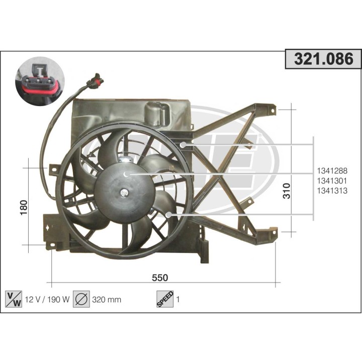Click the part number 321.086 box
[323, 59]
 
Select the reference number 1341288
[332, 171]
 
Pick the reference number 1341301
[332, 181]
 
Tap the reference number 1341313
[332, 191]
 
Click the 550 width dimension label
[160, 278]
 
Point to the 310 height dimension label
[287, 191]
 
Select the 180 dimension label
[24, 208]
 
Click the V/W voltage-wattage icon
[14, 299]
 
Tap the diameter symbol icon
[81, 299]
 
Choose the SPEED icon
[165, 299]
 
